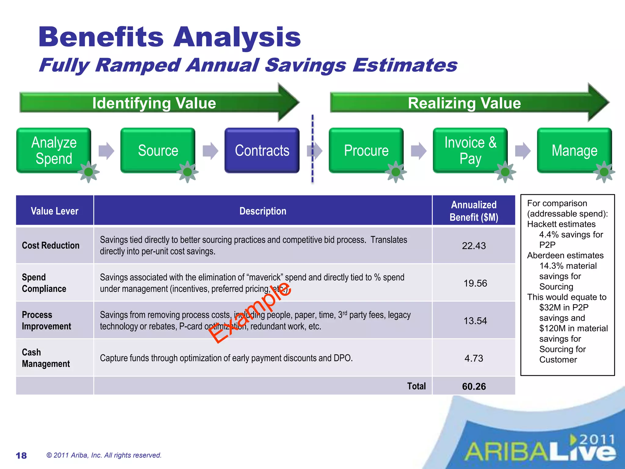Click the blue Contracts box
click(262, 151)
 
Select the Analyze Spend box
click(54, 151)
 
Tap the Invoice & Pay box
click(470, 151)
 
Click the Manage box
click(574, 151)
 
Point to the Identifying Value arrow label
click(154, 103)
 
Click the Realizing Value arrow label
click(464, 103)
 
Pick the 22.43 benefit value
click(474, 246)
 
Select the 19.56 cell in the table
click(475, 283)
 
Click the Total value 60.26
click(474, 387)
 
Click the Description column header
click(263, 211)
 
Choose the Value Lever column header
click(55, 211)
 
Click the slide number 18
click(21, 456)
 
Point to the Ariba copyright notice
click(104, 455)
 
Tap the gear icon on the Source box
click(187, 172)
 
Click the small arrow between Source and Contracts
click(210, 151)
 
